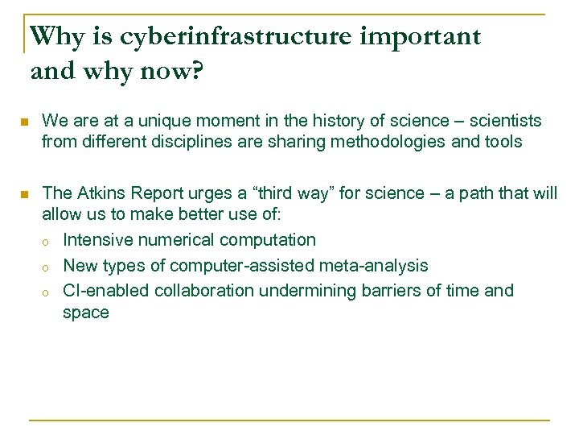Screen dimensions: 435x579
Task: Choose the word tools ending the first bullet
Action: (x=503, y=143)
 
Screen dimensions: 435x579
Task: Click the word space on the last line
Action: (x=85, y=313)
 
